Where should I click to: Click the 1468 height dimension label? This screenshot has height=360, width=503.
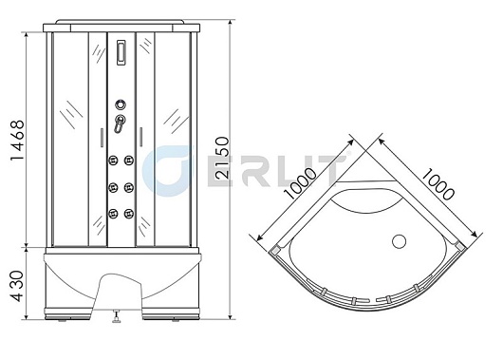[x=17, y=140]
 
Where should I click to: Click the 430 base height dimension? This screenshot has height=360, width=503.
[x=17, y=286]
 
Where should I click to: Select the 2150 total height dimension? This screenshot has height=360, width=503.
[x=223, y=158]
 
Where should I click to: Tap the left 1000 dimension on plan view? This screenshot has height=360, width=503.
[x=301, y=183]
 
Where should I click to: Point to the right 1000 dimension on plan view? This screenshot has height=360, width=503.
[x=438, y=184]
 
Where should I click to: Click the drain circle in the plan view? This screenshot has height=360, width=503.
[x=399, y=241]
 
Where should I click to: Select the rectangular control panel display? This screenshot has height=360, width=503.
[x=121, y=52]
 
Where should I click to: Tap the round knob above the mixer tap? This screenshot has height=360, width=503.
[x=121, y=104]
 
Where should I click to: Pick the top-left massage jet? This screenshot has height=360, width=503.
[x=113, y=161]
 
